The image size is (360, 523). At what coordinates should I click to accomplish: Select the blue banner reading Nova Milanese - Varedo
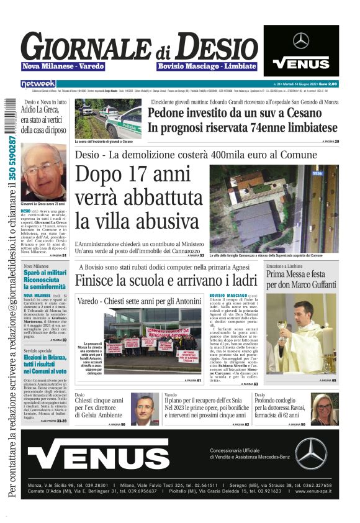click(x=63, y=66)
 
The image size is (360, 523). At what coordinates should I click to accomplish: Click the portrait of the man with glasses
click(x=145, y=409)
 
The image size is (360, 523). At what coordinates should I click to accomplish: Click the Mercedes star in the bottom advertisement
click(x=310, y=453)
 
